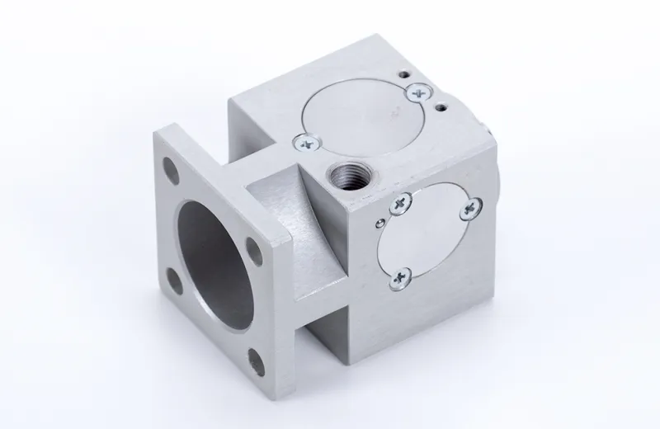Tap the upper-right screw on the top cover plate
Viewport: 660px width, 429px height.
point(421,95)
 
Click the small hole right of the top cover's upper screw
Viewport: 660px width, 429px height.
point(444,106)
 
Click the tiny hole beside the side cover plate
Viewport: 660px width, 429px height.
point(378,221)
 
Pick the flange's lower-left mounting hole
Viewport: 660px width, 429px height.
point(172,276)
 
